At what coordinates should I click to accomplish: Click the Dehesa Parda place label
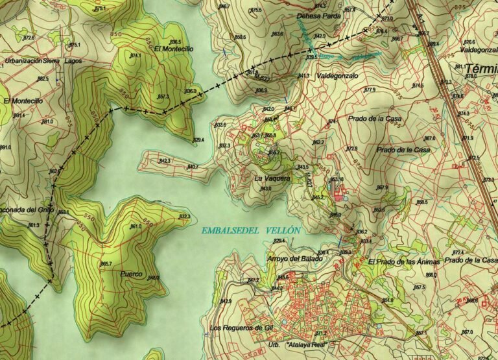[318, 16]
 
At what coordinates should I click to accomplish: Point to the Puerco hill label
[132, 274]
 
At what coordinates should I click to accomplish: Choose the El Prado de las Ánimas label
[404, 261]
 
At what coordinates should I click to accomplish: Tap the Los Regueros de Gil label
[239, 328]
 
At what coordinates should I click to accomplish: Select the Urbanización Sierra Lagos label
[36, 60]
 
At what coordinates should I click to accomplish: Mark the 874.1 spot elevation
[136, 56]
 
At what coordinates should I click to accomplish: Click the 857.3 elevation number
[163, 97]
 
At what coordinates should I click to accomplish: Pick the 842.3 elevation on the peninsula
[165, 160]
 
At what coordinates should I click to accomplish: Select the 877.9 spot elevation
[370, 90]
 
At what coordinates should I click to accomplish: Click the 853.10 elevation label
[337, 180]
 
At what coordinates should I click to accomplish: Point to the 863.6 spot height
[278, 34]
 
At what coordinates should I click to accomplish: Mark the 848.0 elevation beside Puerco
[153, 278]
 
